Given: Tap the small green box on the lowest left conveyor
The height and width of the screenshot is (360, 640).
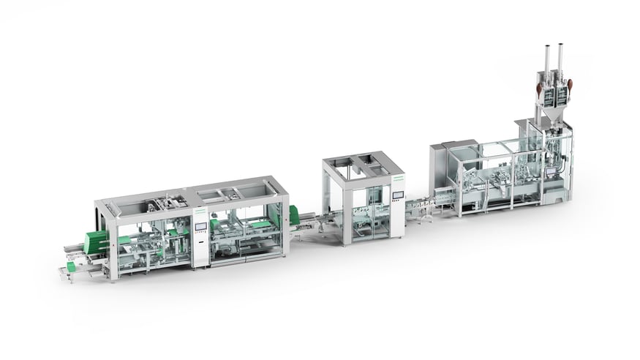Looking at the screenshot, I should (x=71, y=267).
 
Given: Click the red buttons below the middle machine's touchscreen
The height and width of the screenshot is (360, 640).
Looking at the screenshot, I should (x=397, y=209).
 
